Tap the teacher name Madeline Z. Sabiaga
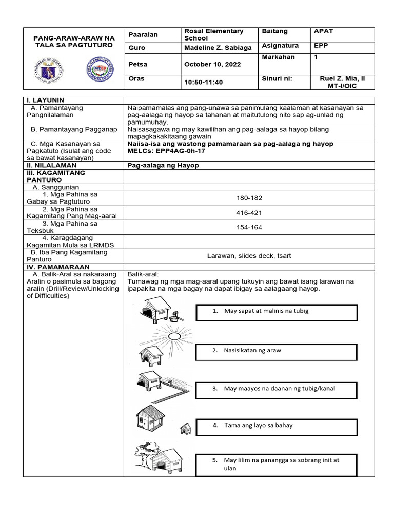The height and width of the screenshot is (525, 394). [x=218, y=47]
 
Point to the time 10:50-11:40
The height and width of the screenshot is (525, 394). [x=204, y=82]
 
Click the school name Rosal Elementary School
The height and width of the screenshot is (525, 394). [x=213, y=35]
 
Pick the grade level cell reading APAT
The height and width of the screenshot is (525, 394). [x=323, y=31]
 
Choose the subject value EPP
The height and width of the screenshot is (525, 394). [x=321, y=45]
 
